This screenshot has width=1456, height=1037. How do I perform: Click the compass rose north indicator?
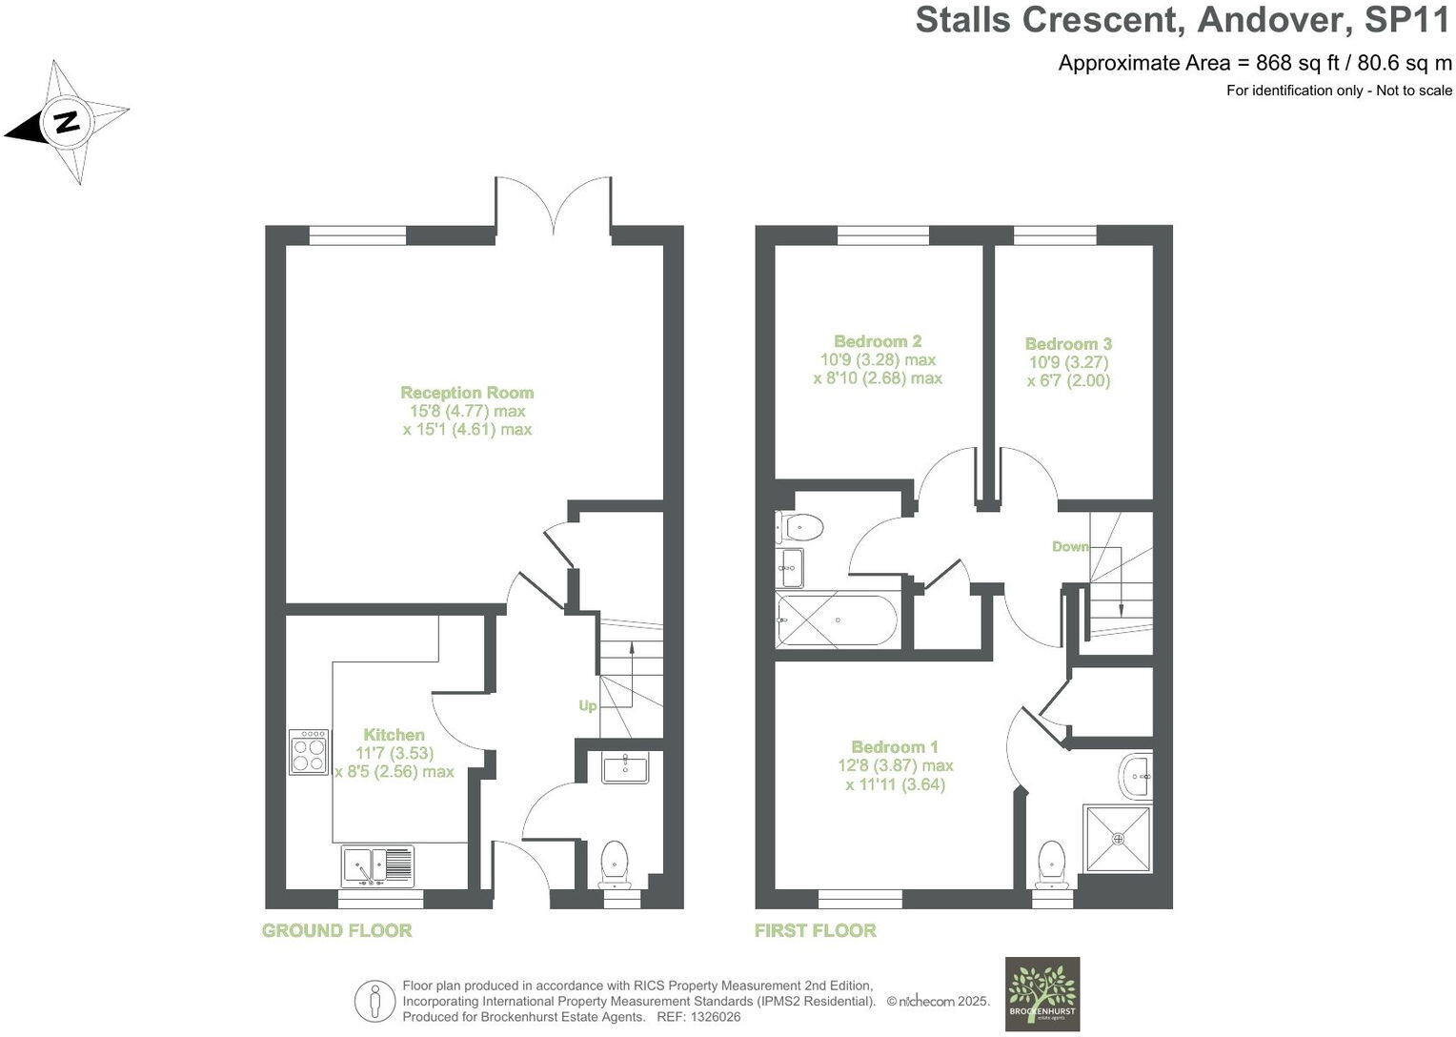[66, 122]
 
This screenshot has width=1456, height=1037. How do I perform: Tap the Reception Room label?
[467, 393]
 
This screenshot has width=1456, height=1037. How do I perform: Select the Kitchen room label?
[394, 735]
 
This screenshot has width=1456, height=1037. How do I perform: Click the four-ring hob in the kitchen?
[309, 752]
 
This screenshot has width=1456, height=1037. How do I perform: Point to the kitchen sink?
[377, 865]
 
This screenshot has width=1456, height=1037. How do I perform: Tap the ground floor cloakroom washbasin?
[624, 767]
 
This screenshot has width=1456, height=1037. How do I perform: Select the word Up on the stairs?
[588, 706]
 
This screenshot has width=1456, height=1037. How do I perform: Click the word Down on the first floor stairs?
[1070, 546]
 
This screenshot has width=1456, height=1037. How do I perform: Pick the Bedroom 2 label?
[877, 341]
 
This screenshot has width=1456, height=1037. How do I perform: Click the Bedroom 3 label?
[1068, 344]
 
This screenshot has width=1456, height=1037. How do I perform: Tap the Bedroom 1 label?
[895, 747]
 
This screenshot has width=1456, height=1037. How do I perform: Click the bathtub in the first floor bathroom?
[837, 620]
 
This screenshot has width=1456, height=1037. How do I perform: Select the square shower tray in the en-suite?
[1117, 839]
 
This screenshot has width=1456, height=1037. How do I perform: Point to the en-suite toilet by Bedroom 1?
[1052, 861]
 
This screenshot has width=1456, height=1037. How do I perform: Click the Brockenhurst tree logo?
[1042, 993]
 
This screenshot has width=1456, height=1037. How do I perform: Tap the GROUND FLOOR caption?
[336, 931]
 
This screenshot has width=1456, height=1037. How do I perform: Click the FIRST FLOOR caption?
[815, 931]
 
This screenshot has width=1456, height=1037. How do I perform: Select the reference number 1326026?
[714, 1017]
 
